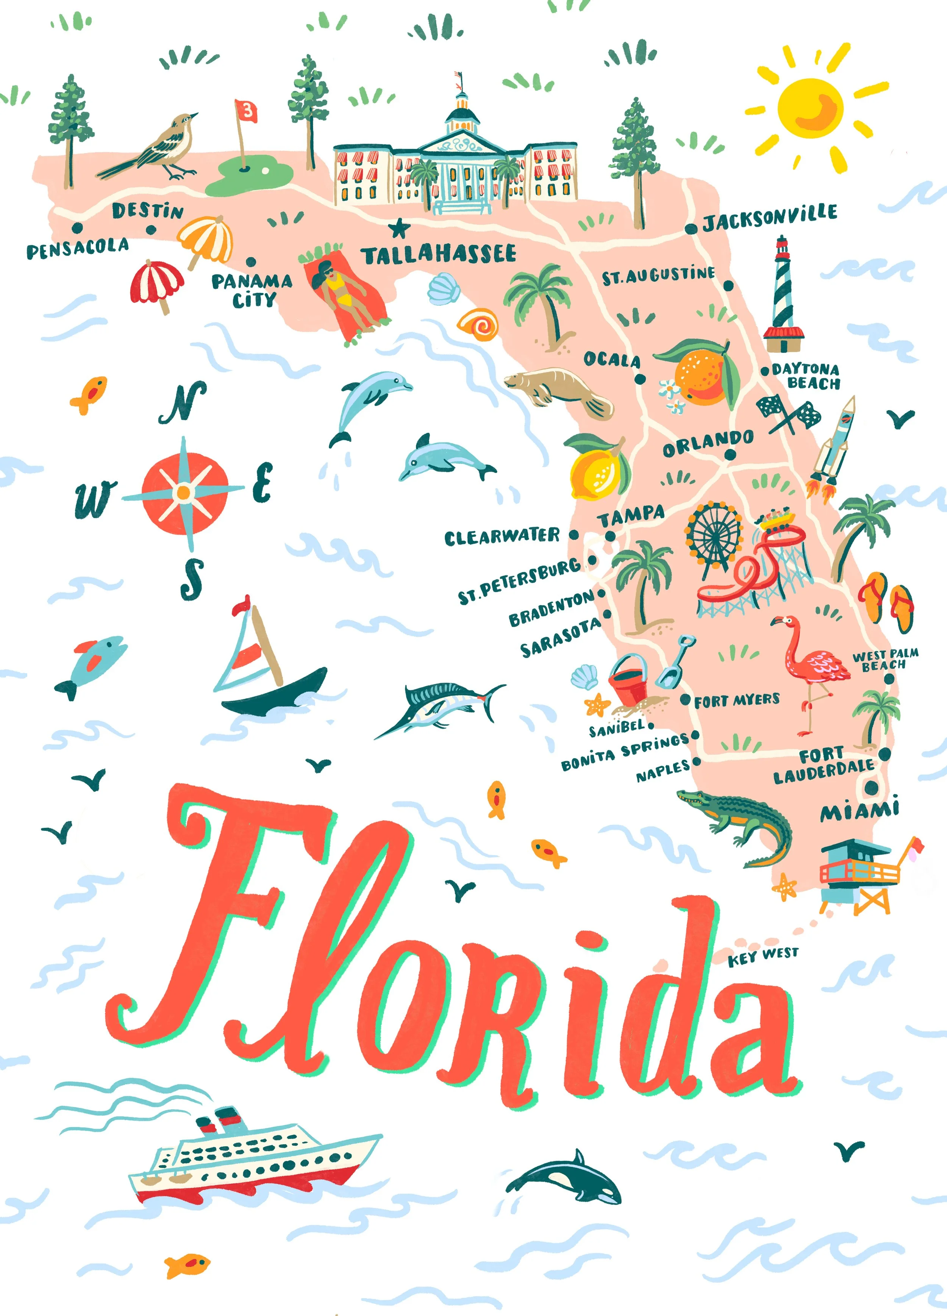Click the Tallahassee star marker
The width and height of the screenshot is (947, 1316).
coord(398,228)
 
